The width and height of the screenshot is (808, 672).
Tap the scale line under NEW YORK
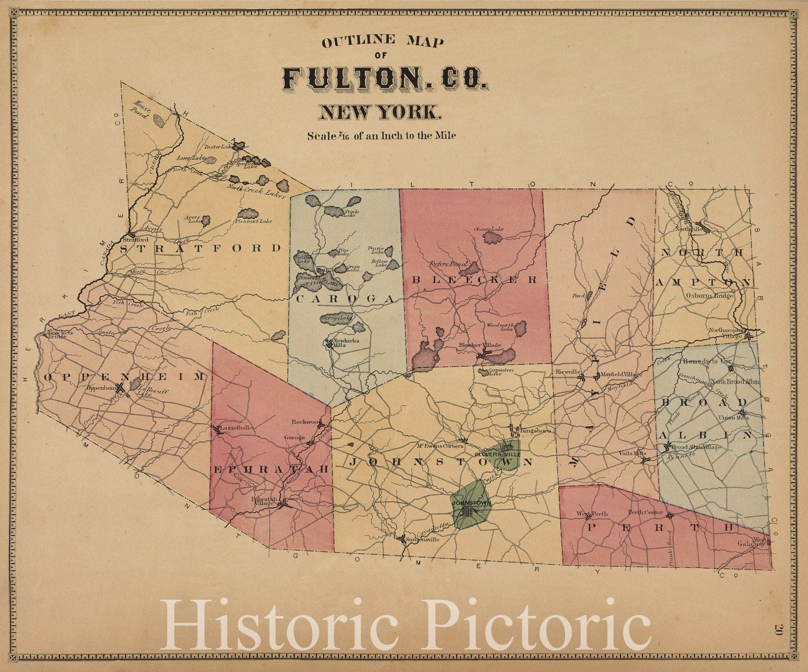[381, 135]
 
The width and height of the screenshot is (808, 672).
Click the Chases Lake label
[488, 229]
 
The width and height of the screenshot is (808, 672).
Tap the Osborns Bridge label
[709, 295]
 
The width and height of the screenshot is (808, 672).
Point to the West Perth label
[592, 514]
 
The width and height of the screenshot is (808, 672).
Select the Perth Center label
[645, 512]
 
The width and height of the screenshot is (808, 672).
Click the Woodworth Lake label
[500, 327]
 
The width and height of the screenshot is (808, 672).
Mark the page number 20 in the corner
[778, 629]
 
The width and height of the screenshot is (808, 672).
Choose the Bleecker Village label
[480, 345]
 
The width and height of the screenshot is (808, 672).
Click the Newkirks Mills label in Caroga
[345, 343]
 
